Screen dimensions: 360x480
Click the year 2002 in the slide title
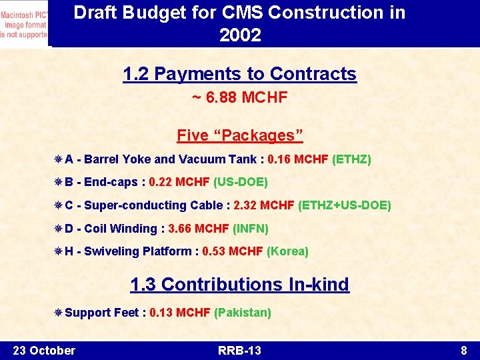coord(240,35)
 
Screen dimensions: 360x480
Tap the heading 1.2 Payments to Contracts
coord(240,74)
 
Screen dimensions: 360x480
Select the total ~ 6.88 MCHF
coord(240,98)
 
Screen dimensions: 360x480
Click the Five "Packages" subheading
coord(240,135)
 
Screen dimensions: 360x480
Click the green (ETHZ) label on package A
coord(351,159)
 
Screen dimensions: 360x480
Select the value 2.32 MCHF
coord(264,205)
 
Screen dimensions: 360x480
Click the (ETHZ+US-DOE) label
coord(345,205)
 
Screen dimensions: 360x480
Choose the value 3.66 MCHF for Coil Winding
coord(199,229)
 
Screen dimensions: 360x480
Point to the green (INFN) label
coord(251,229)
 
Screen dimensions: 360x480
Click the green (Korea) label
coord(287,251)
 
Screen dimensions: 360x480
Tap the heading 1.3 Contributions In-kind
coord(240,285)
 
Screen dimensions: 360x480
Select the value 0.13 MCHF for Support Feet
coord(180,313)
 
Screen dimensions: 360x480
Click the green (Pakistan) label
coord(243,313)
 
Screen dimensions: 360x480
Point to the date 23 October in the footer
coord(44,351)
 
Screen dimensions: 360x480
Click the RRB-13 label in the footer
coord(240,351)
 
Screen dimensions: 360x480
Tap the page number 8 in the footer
coord(463,351)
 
